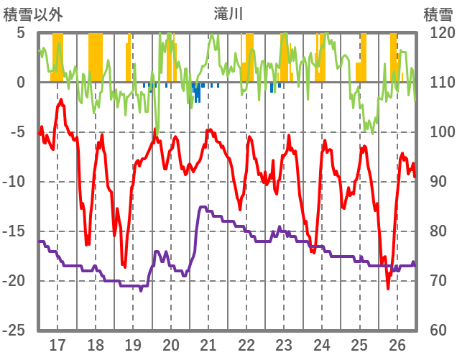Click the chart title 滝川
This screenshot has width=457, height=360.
click(x=228, y=14)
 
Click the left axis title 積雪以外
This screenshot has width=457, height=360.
click(x=32, y=14)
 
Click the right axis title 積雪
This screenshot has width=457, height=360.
click(x=438, y=14)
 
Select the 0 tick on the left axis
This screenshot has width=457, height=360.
click(x=21, y=83)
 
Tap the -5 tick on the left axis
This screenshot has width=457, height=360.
click(x=17, y=132)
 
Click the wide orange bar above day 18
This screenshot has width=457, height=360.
click(x=96, y=57)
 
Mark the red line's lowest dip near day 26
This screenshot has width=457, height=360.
click(x=388, y=288)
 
